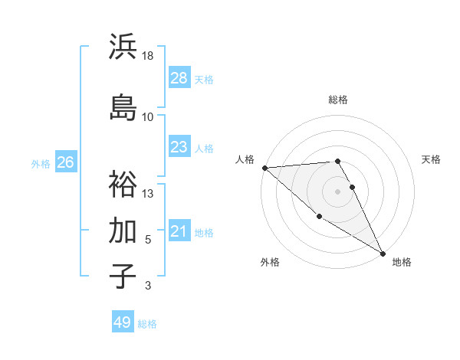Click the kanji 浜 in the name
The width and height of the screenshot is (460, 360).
click(123, 47)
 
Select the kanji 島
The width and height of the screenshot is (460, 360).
click(123, 106)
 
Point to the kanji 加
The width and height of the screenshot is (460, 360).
click(123, 230)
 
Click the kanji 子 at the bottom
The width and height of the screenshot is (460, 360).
click(123, 276)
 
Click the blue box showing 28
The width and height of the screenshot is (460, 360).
click(179, 77)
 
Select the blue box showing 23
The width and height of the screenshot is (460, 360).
click(179, 147)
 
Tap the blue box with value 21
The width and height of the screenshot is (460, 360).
click(179, 231)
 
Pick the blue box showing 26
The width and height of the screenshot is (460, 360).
click(66, 162)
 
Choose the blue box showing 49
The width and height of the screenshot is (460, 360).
click(123, 322)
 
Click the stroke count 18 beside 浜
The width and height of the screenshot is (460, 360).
click(148, 56)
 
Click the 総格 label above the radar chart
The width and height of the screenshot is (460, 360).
click(338, 100)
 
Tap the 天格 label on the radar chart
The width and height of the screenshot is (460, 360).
click(432, 159)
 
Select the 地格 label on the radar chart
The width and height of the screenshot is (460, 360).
click(402, 262)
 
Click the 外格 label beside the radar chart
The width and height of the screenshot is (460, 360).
click(270, 262)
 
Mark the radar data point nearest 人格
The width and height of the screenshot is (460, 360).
click(264, 168)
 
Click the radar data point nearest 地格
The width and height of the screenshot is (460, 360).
click(383, 253)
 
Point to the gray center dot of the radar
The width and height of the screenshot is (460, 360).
click(338, 191)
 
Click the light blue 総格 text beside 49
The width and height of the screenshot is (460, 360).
click(147, 324)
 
